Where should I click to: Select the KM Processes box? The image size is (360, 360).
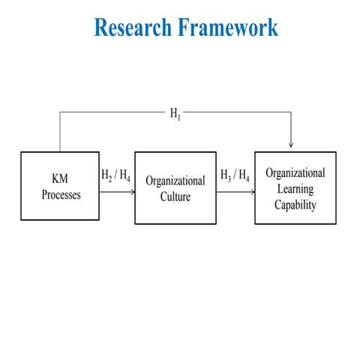pos(61,187)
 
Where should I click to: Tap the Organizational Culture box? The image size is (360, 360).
pos(175,187)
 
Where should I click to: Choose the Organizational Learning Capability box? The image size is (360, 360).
pos(295,187)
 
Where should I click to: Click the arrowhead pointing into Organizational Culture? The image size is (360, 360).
pos(132,192)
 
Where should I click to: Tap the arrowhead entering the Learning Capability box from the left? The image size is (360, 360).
pos(252,192)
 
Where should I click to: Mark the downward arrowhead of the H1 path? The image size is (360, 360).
pos(290,145)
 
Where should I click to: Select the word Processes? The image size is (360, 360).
pos(61,195)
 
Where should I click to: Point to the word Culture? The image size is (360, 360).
pos(175,196)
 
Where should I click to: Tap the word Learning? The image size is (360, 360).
pos(295,189)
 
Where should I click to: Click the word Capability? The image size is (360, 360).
pos(295,204)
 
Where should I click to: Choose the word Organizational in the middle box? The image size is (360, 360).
pos(175,181)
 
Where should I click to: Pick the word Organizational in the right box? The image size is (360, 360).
pos(295,173)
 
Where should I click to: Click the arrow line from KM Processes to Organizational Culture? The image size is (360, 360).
pos(116,192)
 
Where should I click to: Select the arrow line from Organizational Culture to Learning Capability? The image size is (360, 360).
pos(234,192)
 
